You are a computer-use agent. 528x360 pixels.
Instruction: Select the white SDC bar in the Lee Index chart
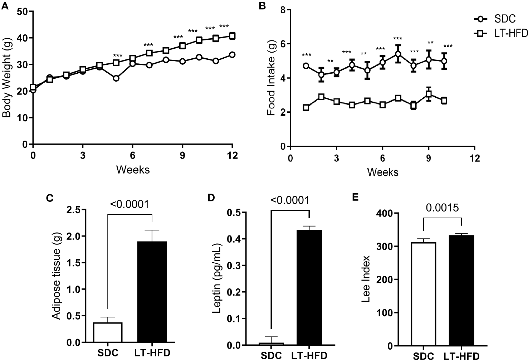[x=423, y=294]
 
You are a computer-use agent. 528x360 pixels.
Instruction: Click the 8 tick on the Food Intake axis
[x=282, y=10]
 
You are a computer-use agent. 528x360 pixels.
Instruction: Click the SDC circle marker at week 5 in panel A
[x=116, y=78]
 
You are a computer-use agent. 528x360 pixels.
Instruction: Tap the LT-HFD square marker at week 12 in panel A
[x=232, y=36]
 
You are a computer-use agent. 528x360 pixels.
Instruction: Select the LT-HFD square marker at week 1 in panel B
[x=306, y=107]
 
